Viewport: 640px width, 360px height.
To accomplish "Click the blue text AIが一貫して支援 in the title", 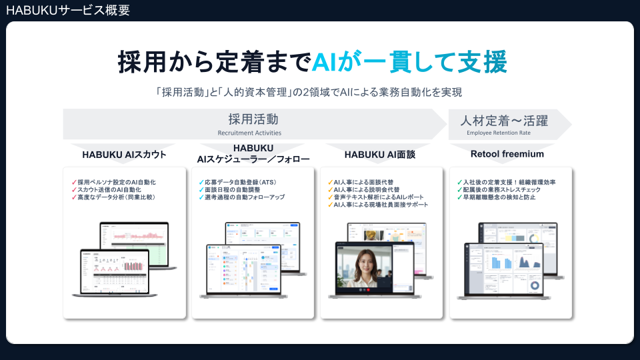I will (x=409, y=61).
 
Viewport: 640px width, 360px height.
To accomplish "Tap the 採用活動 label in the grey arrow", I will (x=253, y=120).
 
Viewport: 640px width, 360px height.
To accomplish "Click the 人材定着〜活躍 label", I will (x=504, y=121).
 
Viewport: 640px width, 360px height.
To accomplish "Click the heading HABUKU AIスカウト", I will (x=124, y=155).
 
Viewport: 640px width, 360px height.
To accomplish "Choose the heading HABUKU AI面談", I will (x=380, y=155).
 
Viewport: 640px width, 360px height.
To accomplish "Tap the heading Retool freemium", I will (x=507, y=154).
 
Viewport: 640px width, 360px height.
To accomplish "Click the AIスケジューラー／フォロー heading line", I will (x=253, y=159).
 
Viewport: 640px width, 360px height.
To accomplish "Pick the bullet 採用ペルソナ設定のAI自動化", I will (x=116, y=181).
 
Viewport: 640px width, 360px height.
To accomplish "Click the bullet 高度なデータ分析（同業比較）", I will (x=116, y=197).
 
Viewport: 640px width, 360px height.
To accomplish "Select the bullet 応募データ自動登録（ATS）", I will (x=241, y=181).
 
